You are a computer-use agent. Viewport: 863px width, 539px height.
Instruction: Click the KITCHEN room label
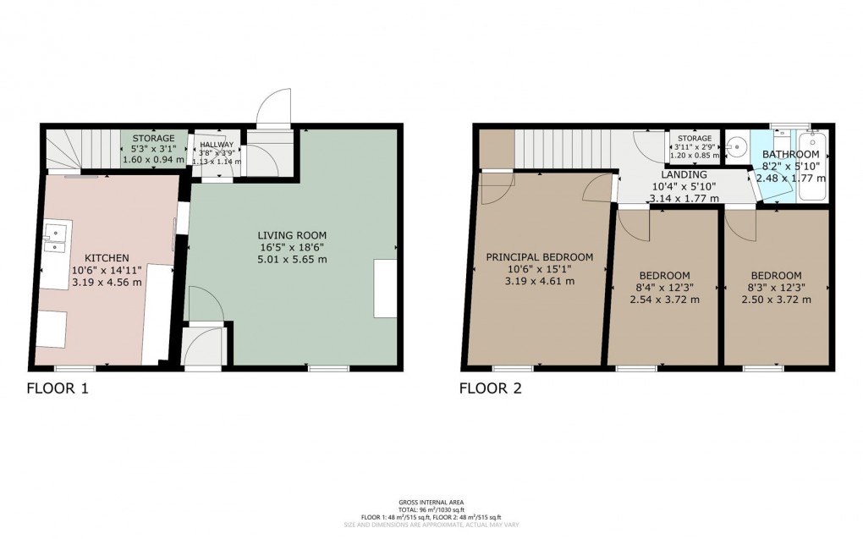(107, 258)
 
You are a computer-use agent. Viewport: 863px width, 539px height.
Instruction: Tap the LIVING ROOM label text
(292, 235)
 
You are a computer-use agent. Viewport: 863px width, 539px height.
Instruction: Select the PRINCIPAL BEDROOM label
(539, 257)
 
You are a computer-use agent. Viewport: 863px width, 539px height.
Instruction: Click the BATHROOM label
(790, 155)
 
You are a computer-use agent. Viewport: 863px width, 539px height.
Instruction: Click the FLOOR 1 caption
(58, 389)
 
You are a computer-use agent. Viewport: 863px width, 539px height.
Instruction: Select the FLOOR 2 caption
(491, 389)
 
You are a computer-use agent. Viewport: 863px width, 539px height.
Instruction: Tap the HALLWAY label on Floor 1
(216, 145)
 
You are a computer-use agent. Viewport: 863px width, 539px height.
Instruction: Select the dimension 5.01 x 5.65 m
(292, 260)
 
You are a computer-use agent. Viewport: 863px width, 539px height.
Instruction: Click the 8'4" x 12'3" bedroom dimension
(664, 288)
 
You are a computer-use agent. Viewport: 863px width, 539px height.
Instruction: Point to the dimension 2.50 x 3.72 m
(776, 300)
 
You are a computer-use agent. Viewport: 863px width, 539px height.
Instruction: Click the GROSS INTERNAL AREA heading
(431, 502)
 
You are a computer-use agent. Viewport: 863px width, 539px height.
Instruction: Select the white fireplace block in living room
(385, 289)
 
